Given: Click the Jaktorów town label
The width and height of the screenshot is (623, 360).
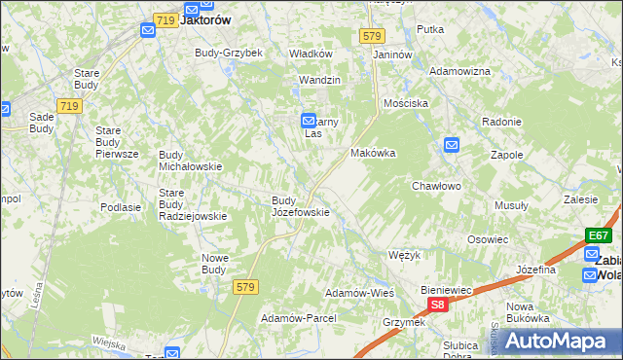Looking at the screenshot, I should [205, 18].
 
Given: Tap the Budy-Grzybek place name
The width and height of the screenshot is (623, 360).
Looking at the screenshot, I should [229, 53].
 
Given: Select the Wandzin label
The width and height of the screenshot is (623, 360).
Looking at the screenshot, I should [319, 80].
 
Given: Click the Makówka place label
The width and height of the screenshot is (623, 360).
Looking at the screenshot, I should [373, 154].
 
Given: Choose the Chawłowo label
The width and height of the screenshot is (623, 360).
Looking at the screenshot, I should [435, 185].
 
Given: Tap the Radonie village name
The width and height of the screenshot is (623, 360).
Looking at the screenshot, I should [502, 122].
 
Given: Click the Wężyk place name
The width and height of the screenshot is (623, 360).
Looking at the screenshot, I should [403, 255].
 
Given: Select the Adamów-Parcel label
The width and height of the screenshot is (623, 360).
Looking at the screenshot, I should [298, 318].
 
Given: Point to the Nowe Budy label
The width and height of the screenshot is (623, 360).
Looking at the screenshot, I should [214, 264].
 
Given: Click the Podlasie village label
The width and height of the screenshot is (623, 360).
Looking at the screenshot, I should [122, 207].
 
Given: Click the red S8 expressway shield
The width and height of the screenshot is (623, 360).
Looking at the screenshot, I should [438, 305].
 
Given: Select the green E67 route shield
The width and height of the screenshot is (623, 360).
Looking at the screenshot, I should [598, 234].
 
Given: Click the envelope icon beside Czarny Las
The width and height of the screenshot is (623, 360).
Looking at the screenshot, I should [307, 119].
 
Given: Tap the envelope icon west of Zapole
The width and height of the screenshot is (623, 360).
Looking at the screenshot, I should [451, 146].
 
